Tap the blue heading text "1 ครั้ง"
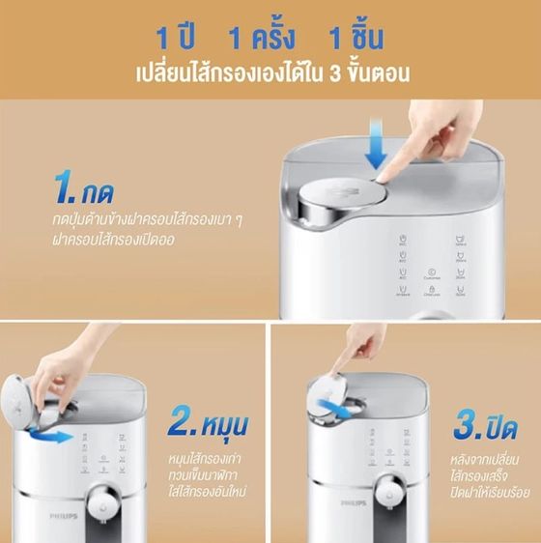pos(264,39)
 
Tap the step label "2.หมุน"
pos(212,422)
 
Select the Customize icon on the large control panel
pos(431,274)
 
